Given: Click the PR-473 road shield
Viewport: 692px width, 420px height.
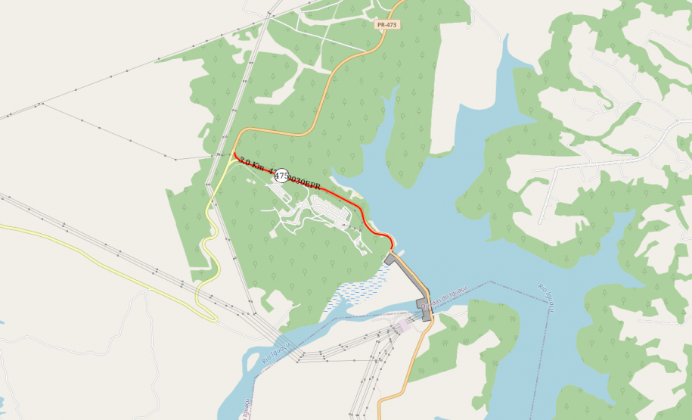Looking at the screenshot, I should [x=386, y=25].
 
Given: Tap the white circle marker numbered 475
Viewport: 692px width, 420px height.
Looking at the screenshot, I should [x=281, y=176].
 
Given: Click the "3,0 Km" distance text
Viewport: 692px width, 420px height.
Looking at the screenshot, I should [x=251, y=163].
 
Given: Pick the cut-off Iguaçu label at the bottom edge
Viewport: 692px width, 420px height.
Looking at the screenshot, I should [x=247, y=409].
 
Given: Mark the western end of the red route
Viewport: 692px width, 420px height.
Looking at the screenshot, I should [x=234, y=155].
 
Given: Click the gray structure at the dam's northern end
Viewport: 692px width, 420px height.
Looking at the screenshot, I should [x=389, y=259].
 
